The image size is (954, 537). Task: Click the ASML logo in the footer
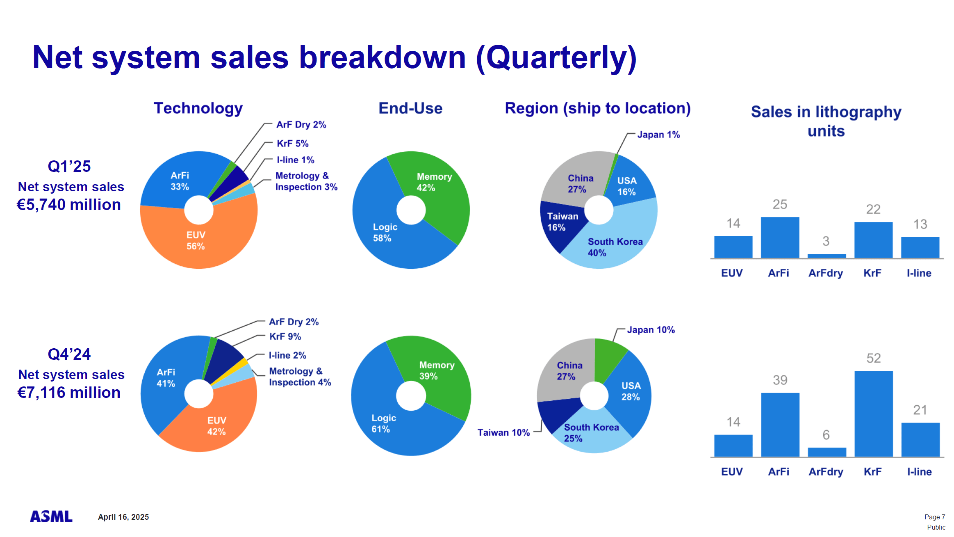pos(51,516)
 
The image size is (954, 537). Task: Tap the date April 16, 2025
pos(123,517)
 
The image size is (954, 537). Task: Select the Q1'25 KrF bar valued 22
pos(873,240)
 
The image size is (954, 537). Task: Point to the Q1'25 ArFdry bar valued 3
pos(826,256)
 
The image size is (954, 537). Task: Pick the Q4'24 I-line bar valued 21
pos(920,439)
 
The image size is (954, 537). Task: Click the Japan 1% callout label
pos(658,135)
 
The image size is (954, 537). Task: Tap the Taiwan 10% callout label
pos(503,432)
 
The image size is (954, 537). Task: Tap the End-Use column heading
pos(410,108)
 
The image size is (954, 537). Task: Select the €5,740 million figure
pos(69,205)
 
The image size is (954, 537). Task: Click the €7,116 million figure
pos(69,393)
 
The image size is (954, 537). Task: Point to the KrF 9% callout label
pos(285,336)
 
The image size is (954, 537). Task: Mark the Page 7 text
pos(934,517)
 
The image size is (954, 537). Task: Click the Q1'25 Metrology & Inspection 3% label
pos(306,181)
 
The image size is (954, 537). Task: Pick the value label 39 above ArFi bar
pos(780,380)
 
